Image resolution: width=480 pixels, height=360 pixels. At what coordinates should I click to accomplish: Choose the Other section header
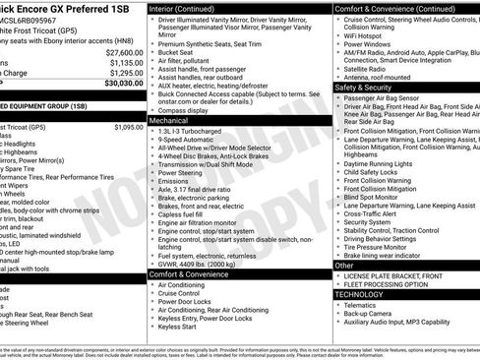click(x=345, y=265)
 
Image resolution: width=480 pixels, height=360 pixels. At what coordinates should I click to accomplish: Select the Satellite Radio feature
click(x=369, y=69)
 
